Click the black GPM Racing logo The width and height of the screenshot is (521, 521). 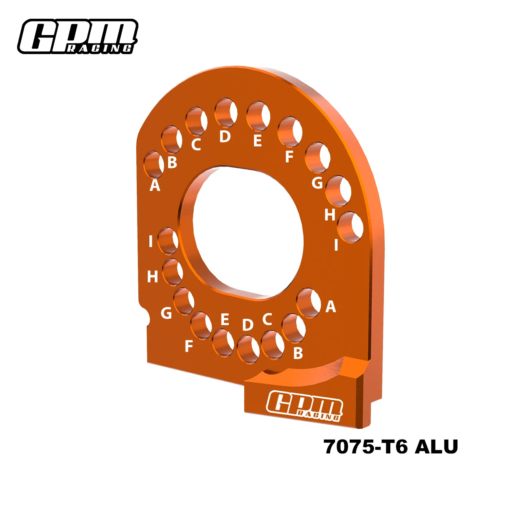click(77, 37)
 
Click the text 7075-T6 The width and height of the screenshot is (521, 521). click(366, 447)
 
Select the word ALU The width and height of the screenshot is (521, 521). click(436, 447)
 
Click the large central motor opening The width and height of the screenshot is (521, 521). click(244, 232)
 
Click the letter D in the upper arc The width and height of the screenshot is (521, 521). click(225, 136)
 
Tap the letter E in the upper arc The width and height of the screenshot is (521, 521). click(257, 141)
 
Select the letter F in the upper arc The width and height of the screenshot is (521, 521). click(289, 156)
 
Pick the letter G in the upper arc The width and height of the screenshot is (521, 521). click(317, 183)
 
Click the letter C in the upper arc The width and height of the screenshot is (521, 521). click(196, 144)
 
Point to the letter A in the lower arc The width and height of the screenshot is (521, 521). click(331, 306)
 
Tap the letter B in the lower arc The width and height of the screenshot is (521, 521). click(298, 353)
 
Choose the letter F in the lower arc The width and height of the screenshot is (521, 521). click(188, 346)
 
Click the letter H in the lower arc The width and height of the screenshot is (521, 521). click(152, 277)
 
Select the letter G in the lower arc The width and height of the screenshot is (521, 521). click(166, 313)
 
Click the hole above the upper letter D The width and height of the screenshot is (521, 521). click(226, 112)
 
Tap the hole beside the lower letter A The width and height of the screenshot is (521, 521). click(309, 303)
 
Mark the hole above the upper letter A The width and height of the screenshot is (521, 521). click(153, 164)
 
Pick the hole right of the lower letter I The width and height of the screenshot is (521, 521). click(168, 241)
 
